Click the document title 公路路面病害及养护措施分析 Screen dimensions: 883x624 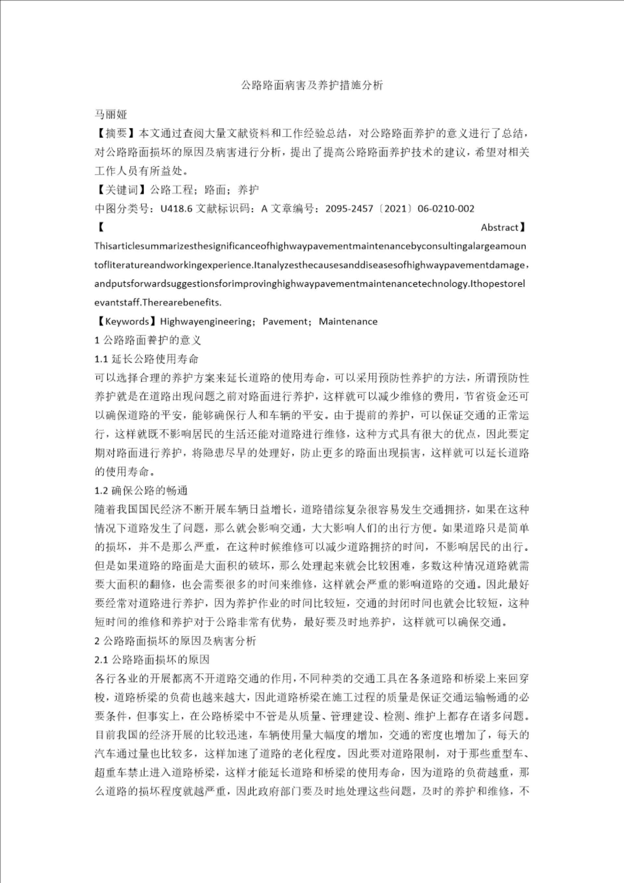tap(312, 85)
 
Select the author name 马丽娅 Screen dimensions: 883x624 tap(111, 115)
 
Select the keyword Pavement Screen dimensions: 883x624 tap(284, 321)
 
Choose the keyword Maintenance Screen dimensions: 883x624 tap(348, 321)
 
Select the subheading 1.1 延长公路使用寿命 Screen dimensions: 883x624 tap(147, 359)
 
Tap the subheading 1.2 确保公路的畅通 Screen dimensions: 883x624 tap(141, 490)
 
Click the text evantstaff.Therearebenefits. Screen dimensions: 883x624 tap(158, 302)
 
